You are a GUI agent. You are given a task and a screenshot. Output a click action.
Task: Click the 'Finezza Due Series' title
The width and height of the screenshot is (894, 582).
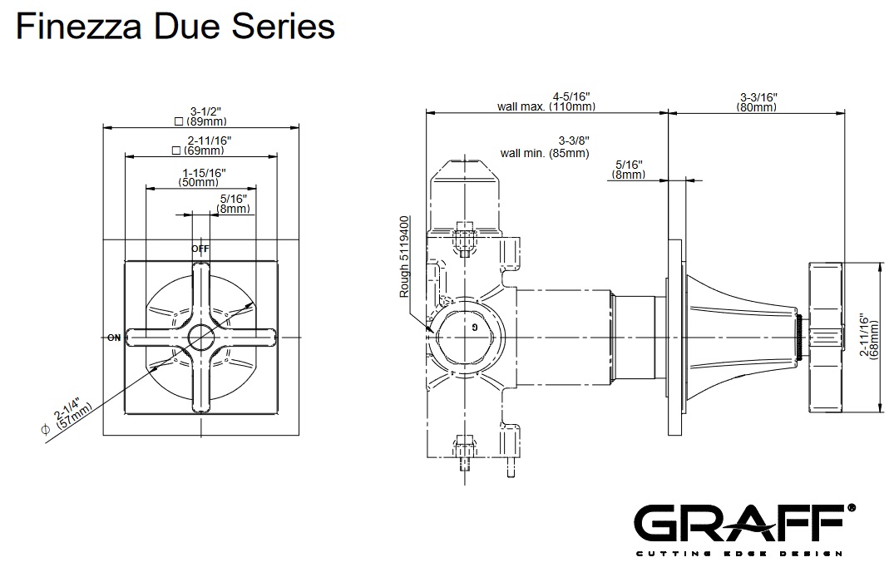tap(175, 27)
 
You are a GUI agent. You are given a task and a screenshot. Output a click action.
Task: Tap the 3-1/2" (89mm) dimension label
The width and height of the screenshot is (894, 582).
tap(199, 116)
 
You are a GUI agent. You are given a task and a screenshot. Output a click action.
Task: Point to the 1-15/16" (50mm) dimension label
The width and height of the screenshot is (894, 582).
tap(203, 176)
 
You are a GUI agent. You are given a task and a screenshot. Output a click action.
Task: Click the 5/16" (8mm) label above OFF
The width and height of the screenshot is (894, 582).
tap(234, 204)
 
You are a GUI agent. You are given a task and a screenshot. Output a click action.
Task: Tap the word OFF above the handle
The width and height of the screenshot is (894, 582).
tap(200, 249)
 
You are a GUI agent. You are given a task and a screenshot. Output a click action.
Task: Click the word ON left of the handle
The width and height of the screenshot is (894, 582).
tap(114, 338)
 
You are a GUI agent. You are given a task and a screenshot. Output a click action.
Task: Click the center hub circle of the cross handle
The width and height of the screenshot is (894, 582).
tap(200, 337)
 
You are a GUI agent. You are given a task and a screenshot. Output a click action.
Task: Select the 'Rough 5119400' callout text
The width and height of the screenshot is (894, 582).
tap(405, 257)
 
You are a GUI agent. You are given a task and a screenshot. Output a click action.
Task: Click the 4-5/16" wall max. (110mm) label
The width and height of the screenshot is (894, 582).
tap(546, 101)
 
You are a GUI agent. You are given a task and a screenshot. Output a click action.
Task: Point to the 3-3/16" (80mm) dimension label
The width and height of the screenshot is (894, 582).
tap(758, 101)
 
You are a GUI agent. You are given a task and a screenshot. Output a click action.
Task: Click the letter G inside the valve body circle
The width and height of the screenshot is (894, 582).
tap(474, 327)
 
